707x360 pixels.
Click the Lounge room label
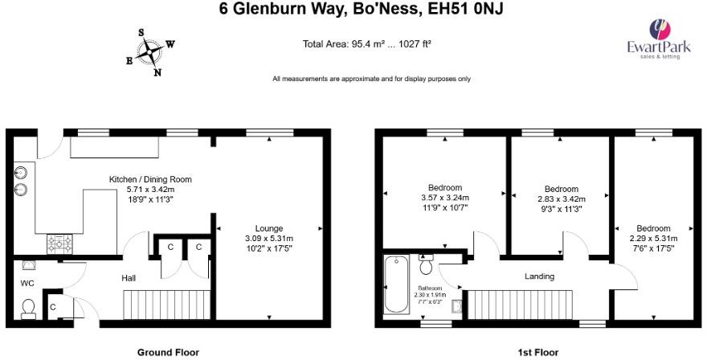point(268,228)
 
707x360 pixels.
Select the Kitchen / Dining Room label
point(150,179)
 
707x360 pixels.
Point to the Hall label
point(129,278)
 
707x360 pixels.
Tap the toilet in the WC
point(29,308)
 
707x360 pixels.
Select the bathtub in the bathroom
point(397,284)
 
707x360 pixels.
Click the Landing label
point(539,276)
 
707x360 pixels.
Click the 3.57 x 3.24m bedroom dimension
point(444,198)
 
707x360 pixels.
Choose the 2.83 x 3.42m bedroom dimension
point(561,198)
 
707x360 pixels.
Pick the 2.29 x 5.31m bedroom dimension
point(652,238)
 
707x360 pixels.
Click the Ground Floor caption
point(167,352)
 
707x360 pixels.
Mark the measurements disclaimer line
point(371,79)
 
